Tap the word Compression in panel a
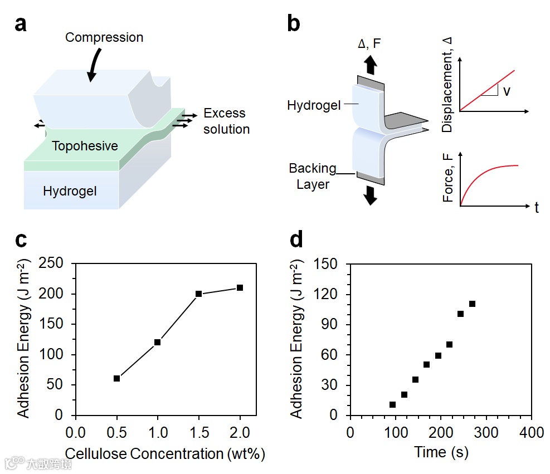tap(104, 38)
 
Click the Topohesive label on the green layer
tap(85, 146)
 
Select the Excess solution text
tap(226, 121)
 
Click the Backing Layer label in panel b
tap(313, 176)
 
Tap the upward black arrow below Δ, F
tap(369, 65)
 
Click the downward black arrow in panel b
tap(369, 196)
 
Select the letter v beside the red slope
tap(506, 91)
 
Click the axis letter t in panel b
tap(537, 208)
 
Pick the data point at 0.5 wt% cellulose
tap(116, 378)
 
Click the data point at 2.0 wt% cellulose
tap(240, 287)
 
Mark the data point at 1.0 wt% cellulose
tap(158, 342)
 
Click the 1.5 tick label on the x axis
tap(198, 432)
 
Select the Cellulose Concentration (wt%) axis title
tap(165, 453)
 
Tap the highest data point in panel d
tap(472, 304)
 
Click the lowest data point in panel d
tap(392, 405)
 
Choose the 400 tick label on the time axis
tap(532, 432)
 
